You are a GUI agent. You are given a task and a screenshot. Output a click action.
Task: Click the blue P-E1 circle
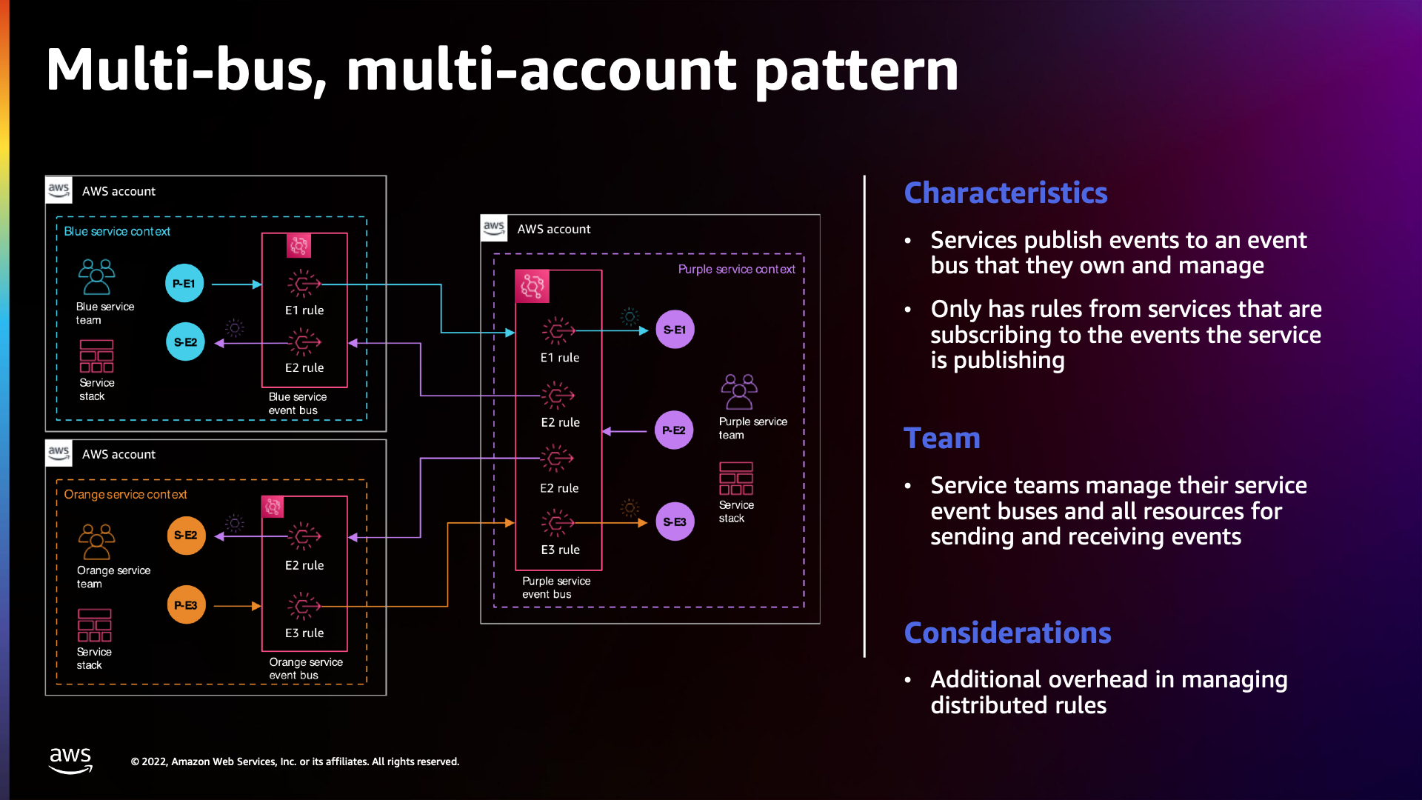pos(184,284)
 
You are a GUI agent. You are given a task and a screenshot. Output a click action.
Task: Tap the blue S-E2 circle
pos(185,342)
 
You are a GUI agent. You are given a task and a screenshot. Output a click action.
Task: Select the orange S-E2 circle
pos(186,536)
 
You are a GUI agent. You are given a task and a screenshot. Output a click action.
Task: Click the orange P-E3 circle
pos(186,605)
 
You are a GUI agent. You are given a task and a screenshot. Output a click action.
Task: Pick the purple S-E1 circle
pos(675,330)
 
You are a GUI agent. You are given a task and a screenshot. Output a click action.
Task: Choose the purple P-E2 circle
pos(674,430)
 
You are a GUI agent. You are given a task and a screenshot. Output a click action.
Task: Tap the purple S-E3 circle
pos(675,521)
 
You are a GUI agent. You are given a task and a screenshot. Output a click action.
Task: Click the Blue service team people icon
pos(96,277)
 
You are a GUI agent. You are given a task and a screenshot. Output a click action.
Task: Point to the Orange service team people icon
pos(96,541)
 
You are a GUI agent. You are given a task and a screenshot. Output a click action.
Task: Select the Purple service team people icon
pos(738,392)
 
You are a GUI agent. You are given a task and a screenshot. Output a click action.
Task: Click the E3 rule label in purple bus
pos(560,550)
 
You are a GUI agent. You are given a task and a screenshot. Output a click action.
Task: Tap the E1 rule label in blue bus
pos(304,310)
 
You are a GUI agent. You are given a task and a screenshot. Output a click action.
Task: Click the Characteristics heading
pos(1005,193)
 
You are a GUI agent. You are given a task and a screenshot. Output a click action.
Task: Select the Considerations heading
pos(1007,633)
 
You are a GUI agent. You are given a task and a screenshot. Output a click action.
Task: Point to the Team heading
pos(942,439)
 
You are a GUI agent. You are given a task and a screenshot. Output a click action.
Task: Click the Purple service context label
pos(736,270)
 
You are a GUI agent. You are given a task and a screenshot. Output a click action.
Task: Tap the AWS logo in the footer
pos(70,760)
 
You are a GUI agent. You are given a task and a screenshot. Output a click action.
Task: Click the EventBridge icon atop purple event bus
pos(532,286)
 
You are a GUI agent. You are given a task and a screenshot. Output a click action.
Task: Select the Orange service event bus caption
pos(305,668)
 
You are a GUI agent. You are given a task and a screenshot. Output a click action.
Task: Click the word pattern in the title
pos(856,70)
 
